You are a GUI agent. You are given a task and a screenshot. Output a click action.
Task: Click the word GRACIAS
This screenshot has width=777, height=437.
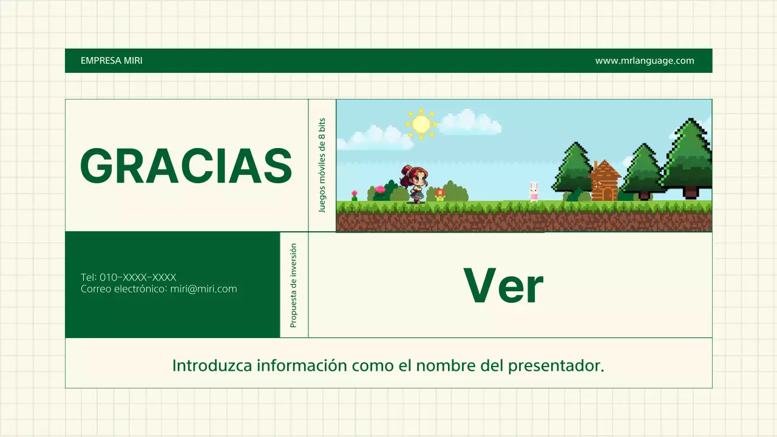186,166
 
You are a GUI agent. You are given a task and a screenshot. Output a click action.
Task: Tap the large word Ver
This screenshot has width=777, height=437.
503,286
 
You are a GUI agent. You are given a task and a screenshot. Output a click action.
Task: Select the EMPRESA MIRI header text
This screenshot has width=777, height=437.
112,61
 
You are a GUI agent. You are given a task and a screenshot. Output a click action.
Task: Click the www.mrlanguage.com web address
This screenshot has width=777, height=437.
644,61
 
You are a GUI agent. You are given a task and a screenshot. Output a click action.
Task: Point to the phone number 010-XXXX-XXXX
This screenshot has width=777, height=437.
138,277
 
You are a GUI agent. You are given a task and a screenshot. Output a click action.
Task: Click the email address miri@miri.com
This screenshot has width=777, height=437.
203,289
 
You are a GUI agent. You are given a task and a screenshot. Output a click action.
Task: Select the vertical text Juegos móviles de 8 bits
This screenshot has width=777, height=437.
322,165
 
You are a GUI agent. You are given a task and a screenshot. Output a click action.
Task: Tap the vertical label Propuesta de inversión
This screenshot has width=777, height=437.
294,285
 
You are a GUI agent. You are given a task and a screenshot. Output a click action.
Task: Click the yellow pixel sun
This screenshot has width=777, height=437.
421,124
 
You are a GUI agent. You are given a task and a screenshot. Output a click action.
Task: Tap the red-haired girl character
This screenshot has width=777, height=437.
416,183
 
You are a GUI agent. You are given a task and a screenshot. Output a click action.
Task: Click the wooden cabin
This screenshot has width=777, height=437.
605,181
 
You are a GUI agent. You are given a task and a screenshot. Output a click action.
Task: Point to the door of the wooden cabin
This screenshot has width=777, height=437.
606,194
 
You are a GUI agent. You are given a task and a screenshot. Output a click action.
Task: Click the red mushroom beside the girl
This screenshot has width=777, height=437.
440,194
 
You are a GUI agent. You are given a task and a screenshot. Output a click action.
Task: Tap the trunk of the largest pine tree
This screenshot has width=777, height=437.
690,192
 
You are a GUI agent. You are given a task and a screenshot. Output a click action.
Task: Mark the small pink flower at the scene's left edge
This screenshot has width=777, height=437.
355,195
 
